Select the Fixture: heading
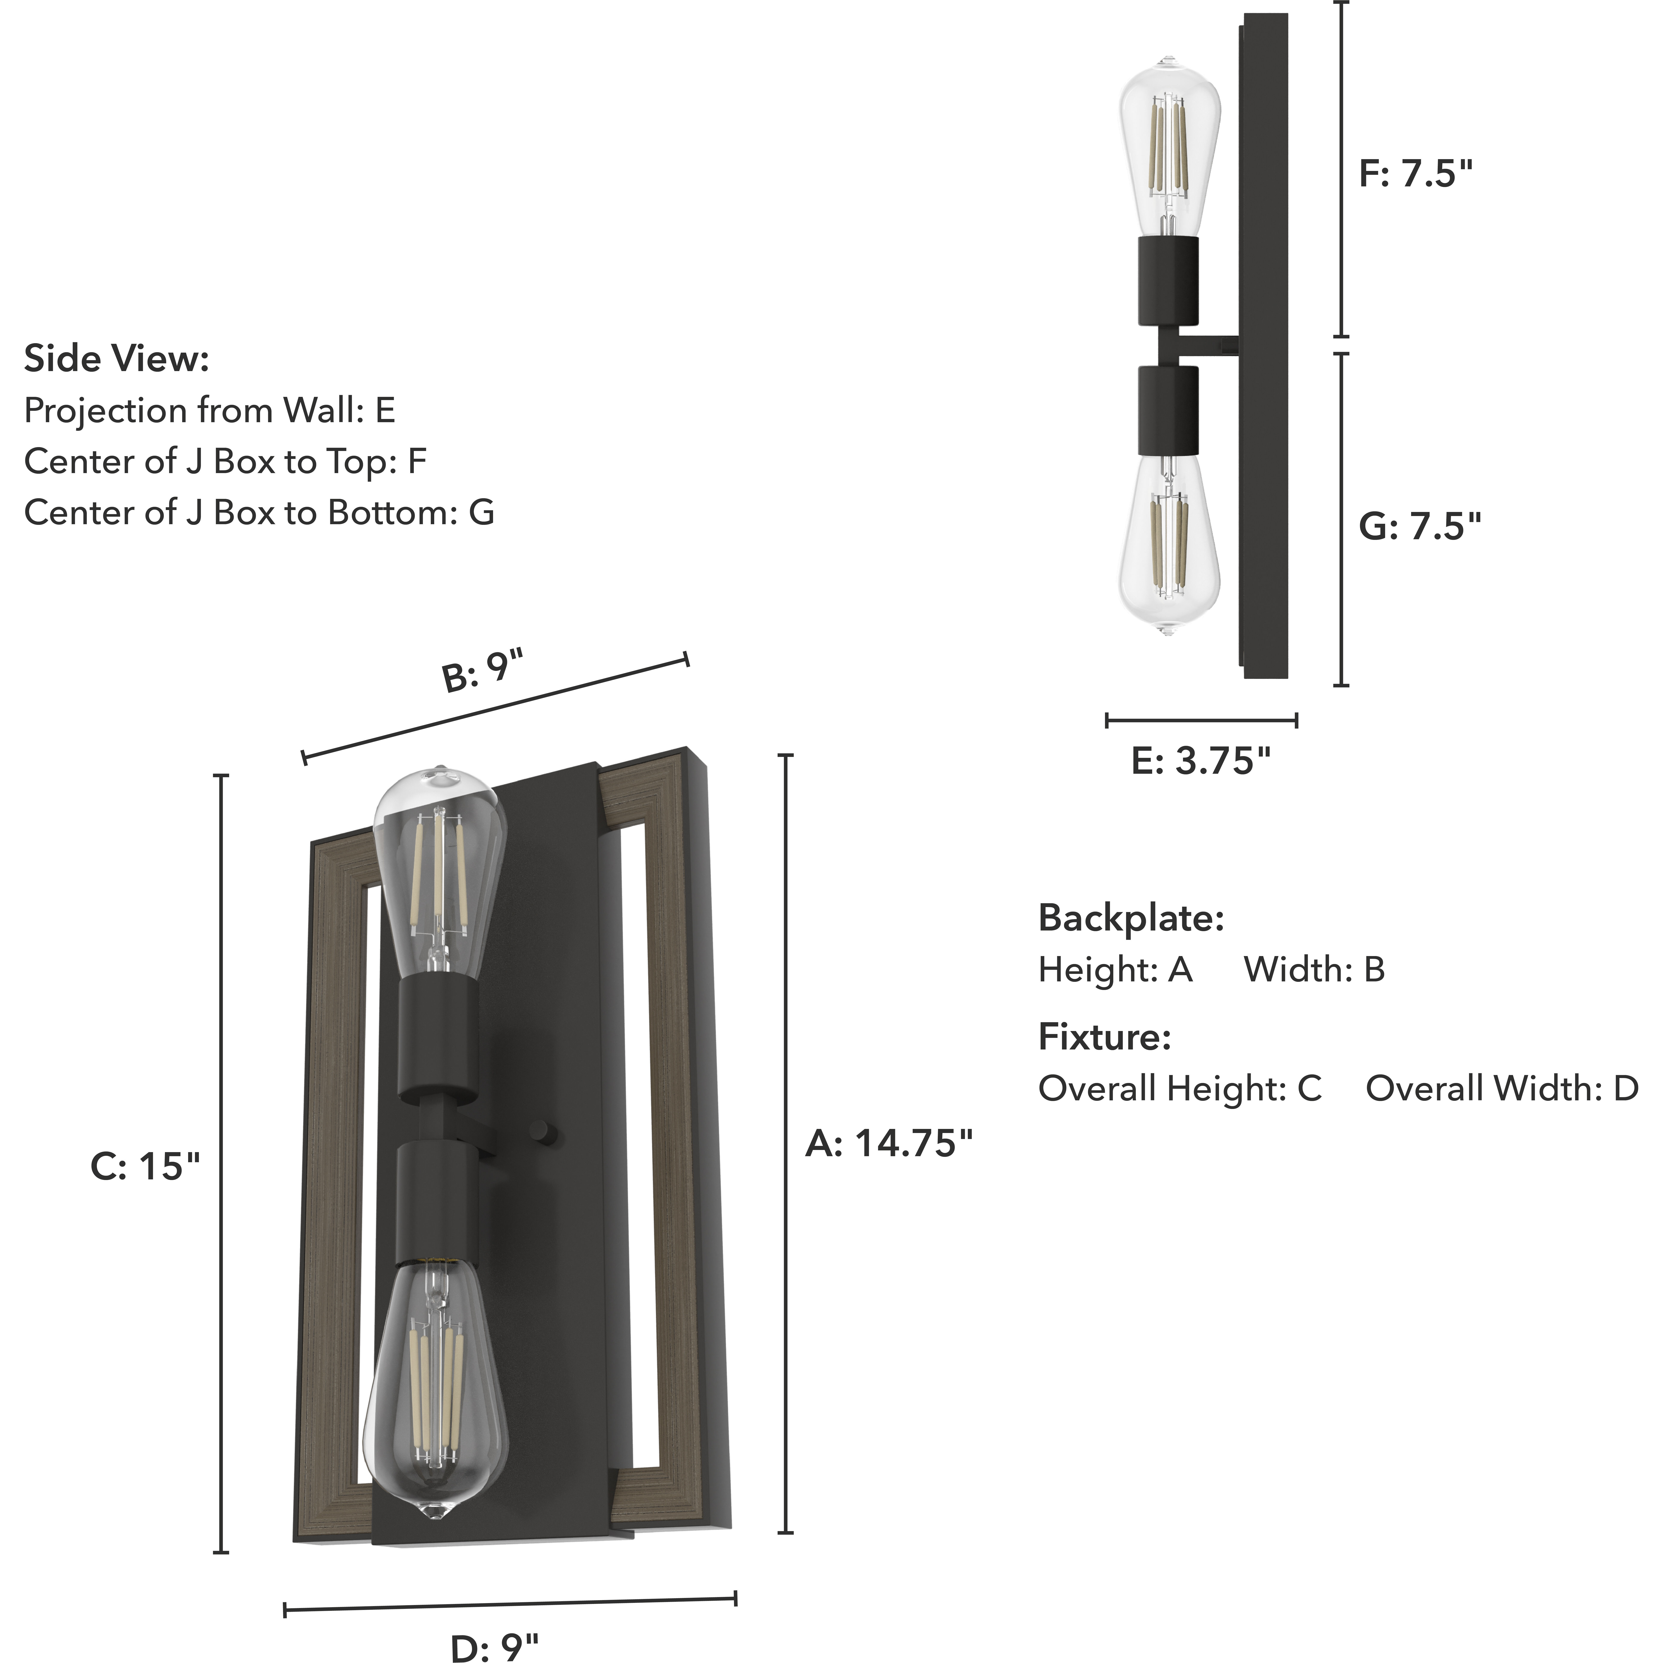[1104, 1037]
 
